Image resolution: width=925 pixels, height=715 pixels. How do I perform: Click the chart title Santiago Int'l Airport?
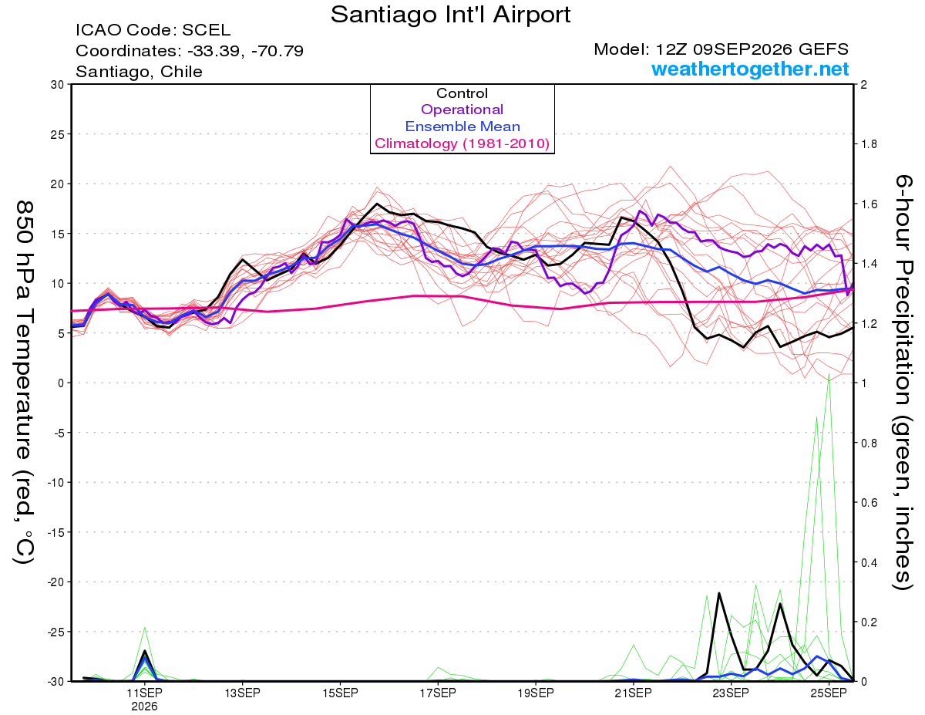[x=450, y=15]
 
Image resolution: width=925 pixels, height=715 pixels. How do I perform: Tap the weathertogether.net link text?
[x=749, y=69]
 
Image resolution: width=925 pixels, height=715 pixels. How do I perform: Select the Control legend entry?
[x=462, y=93]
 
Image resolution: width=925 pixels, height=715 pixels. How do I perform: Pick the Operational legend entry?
[x=462, y=110]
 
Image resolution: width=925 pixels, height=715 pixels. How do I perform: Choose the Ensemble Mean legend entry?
[x=462, y=126]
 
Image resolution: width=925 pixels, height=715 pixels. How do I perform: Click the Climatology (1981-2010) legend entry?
[x=462, y=143]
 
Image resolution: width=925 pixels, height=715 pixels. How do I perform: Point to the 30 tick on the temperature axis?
[x=58, y=85]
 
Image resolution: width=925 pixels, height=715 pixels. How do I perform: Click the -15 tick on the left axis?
[x=55, y=532]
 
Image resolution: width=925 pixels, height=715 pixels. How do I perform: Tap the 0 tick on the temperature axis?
[x=62, y=383]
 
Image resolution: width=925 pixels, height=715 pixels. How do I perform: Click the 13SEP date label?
[x=242, y=693]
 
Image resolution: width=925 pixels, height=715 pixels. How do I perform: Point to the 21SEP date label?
[x=633, y=693]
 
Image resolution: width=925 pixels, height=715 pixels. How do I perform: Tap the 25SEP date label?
[x=829, y=693]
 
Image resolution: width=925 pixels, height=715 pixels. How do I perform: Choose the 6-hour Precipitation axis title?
[x=903, y=382]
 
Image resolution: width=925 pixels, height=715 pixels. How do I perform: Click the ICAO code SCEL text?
[x=153, y=30]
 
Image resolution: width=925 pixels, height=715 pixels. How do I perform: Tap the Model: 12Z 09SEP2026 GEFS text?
[x=721, y=49]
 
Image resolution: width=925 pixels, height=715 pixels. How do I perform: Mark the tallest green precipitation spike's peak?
[x=829, y=374]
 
